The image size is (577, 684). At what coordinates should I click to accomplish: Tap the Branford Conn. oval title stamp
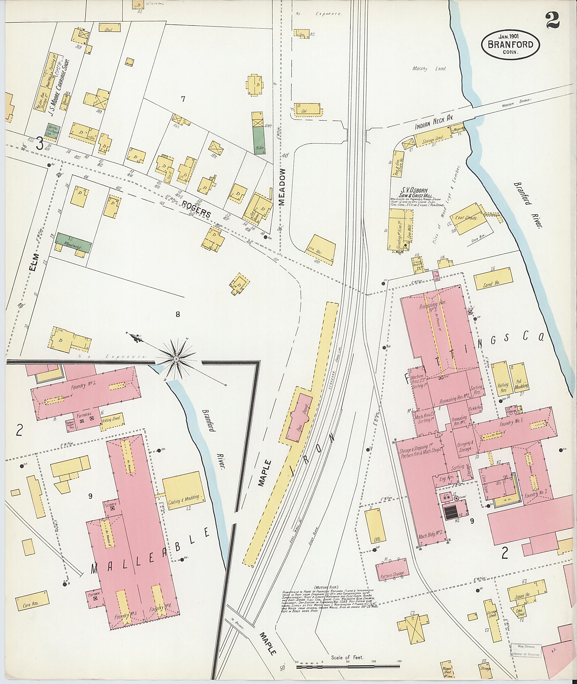pyautogui.click(x=510, y=45)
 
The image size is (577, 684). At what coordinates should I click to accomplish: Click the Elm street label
pyautogui.click(x=33, y=262)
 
